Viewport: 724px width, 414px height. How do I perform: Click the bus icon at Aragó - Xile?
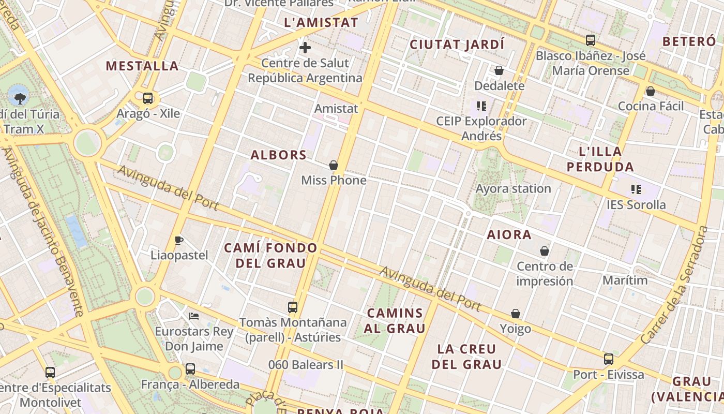click(x=148, y=98)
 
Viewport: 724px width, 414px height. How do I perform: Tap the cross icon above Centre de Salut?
click(x=305, y=48)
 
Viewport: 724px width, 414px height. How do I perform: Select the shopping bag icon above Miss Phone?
click(x=334, y=165)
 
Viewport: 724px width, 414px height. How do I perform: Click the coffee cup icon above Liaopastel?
click(x=179, y=240)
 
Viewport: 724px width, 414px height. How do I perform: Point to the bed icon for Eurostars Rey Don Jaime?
click(x=194, y=316)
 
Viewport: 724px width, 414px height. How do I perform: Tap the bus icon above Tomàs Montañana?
click(x=293, y=307)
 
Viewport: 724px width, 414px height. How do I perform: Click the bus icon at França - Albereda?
click(x=190, y=369)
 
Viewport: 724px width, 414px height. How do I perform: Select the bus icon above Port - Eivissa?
click(x=609, y=359)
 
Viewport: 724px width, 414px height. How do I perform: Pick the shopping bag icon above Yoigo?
click(x=516, y=314)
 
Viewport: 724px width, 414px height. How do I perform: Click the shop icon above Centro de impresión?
click(x=545, y=251)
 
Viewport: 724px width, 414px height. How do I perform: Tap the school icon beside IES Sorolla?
click(x=636, y=189)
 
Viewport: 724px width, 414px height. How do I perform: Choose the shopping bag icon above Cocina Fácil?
click(x=651, y=91)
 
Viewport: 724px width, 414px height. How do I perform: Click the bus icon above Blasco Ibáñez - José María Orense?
click(x=591, y=40)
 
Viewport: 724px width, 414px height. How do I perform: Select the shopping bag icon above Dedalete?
click(x=499, y=70)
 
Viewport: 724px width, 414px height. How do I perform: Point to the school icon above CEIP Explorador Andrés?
click(x=481, y=107)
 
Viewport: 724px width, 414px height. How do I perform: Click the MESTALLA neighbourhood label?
click(x=142, y=66)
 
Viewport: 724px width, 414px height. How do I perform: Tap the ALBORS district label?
click(x=279, y=155)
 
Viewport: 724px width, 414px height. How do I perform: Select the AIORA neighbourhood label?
click(x=509, y=235)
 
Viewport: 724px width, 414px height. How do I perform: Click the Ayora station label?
click(x=513, y=188)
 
